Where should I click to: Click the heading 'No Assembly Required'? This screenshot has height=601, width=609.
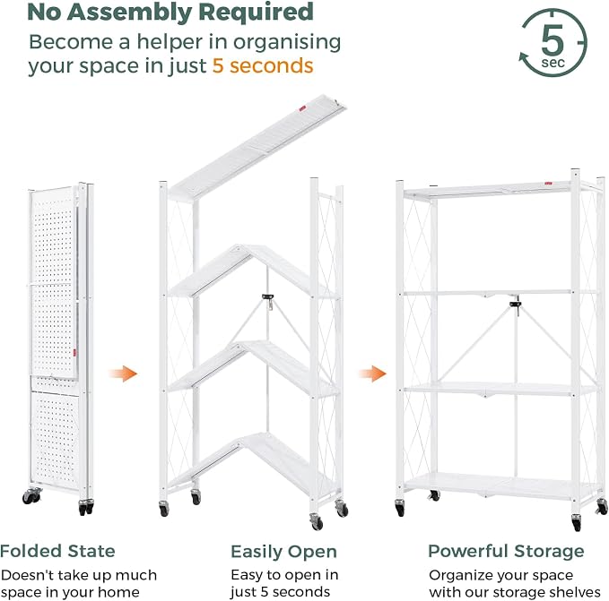click(x=170, y=13)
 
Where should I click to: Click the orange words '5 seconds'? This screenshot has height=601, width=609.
click(x=263, y=65)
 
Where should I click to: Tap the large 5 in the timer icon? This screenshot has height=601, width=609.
click(x=552, y=39)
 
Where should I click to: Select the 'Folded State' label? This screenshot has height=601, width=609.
click(x=57, y=551)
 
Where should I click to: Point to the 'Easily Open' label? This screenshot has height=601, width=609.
click(x=283, y=552)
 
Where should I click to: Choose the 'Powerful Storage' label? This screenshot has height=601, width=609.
click(x=506, y=551)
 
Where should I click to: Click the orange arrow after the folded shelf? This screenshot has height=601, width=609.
click(x=123, y=373)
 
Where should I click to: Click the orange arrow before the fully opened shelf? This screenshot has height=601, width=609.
click(x=372, y=373)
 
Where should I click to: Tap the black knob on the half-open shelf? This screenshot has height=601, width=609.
click(x=267, y=297)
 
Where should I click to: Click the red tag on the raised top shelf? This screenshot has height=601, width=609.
click(x=302, y=109)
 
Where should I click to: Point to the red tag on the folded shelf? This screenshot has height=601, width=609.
click(x=74, y=353)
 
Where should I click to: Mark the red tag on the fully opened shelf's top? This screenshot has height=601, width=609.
click(x=548, y=184)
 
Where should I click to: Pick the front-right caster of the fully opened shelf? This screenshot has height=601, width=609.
click(x=577, y=522)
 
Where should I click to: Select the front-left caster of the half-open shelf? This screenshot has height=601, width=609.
click(x=164, y=509)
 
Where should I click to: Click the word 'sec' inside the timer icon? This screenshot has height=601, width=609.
click(x=552, y=63)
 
